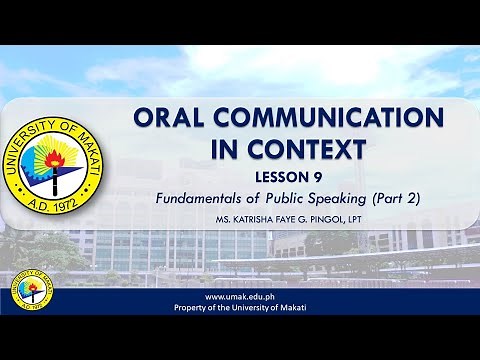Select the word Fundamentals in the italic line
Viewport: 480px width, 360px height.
[201, 198]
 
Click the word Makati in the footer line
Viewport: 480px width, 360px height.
[290, 308]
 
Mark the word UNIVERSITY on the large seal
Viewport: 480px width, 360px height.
[41, 121]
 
